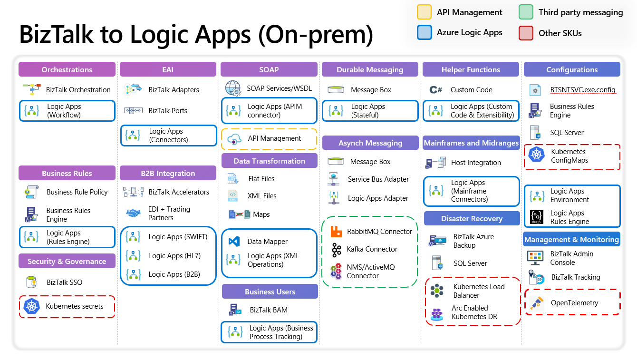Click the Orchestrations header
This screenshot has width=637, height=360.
tap(67, 69)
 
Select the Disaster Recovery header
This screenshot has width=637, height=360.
tap(471, 219)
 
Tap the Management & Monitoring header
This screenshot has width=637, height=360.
tap(571, 240)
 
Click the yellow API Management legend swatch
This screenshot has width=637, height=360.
tap(425, 12)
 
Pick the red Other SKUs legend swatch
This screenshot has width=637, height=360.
tap(526, 33)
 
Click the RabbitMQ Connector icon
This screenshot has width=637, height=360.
tap(337, 232)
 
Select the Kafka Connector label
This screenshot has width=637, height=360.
tap(372, 249)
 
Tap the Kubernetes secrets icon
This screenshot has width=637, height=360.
tap(31, 306)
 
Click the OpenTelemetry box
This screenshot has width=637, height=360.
tap(572, 302)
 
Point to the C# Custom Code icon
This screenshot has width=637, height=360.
tap(435, 90)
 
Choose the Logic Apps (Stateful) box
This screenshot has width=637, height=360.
tap(370, 111)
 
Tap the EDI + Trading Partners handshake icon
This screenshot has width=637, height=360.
tap(133, 214)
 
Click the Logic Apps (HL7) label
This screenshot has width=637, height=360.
tap(174, 256)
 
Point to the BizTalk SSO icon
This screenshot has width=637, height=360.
tap(31, 282)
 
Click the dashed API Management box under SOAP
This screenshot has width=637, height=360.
tap(269, 139)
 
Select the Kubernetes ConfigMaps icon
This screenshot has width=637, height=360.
tap(537, 154)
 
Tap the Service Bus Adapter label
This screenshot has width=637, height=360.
tap(378, 179)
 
